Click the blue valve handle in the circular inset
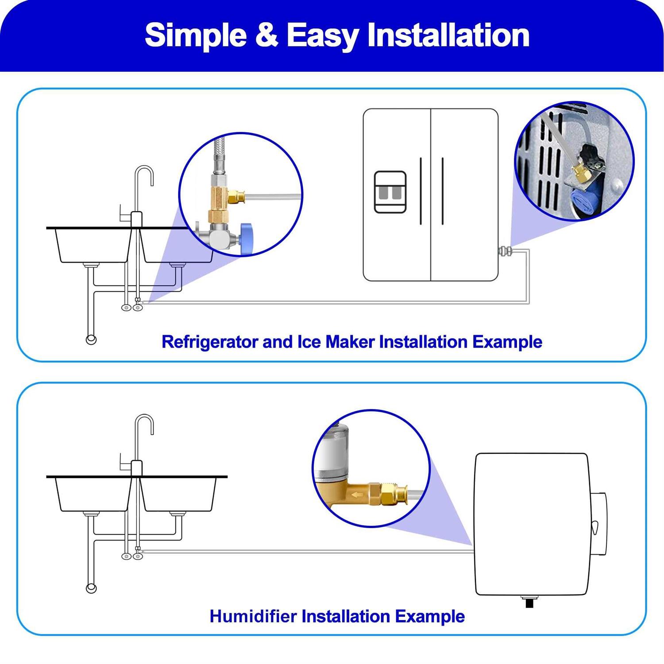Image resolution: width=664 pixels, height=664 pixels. [x=247, y=239]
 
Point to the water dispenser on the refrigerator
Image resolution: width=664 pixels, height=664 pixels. [x=390, y=192]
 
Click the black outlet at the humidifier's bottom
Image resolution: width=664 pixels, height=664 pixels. [x=529, y=601]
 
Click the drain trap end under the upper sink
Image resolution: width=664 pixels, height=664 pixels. [x=91, y=340]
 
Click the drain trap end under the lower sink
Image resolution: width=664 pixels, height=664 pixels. [x=91, y=588]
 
